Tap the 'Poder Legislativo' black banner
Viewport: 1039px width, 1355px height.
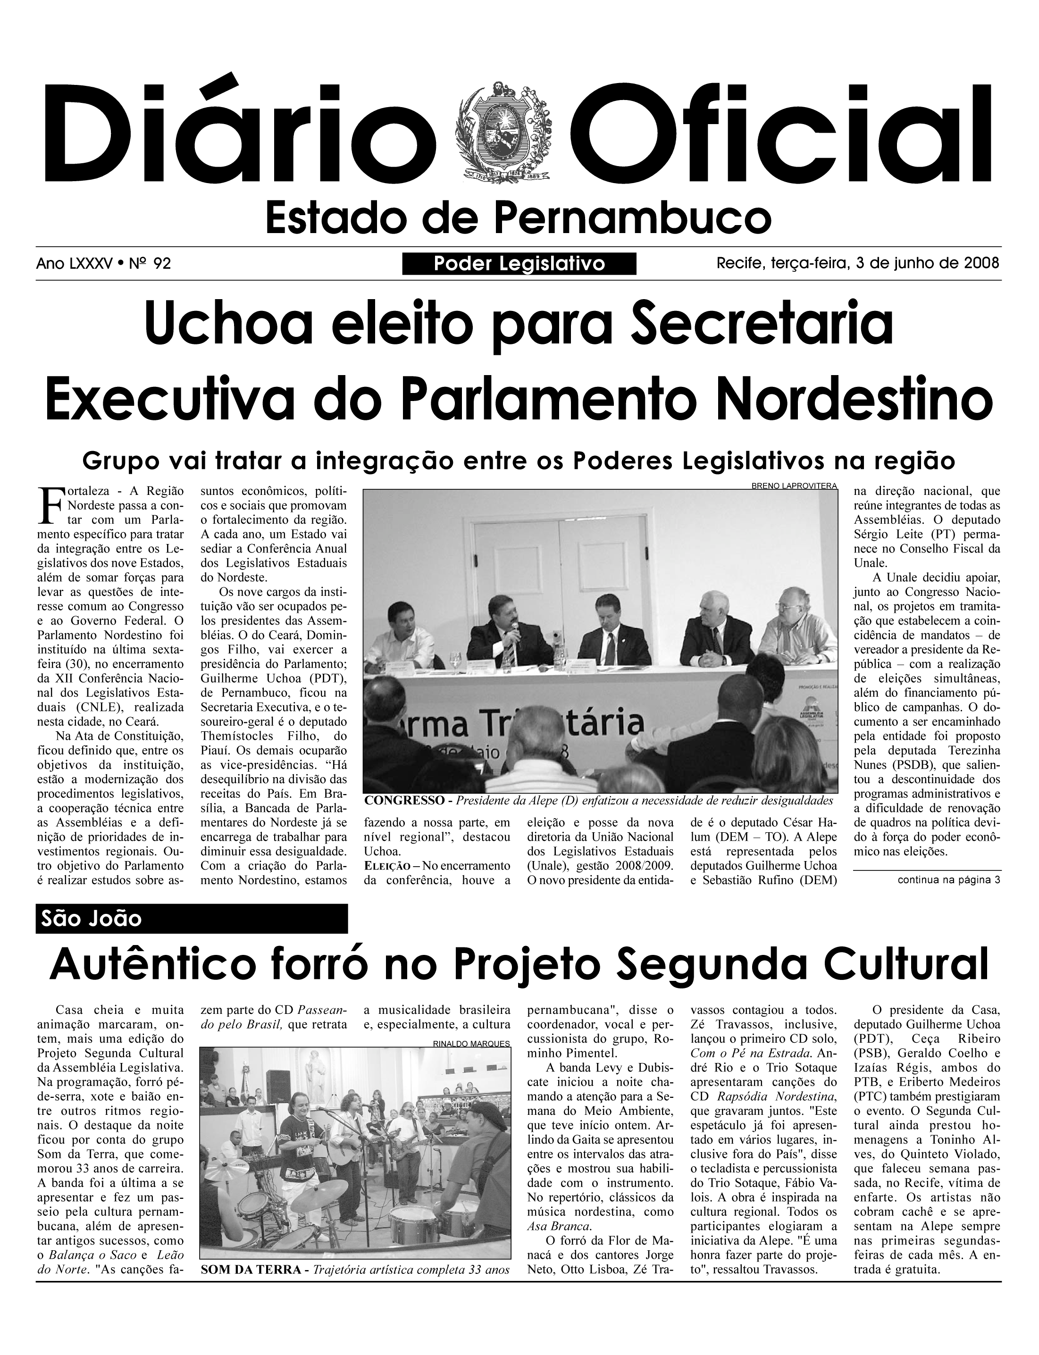519,264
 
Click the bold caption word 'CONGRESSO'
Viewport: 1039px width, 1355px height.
405,801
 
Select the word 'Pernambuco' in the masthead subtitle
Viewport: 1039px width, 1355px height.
634,217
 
